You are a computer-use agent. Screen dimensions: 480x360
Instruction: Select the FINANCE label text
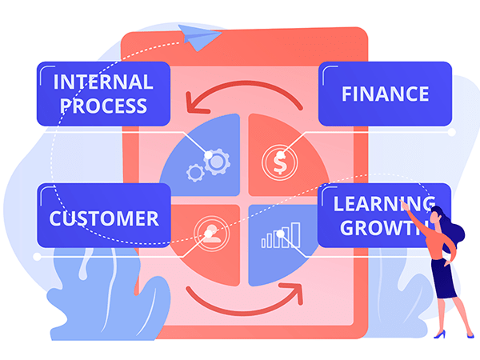[x=385, y=93]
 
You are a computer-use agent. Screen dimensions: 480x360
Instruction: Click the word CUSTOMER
[x=103, y=218]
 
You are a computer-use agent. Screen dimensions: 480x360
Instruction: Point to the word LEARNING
[x=384, y=203]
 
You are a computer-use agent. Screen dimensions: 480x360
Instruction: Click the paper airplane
[x=193, y=34]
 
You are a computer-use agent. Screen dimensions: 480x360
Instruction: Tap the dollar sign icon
[x=278, y=161]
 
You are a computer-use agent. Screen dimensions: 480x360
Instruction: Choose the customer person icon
[x=209, y=231]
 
